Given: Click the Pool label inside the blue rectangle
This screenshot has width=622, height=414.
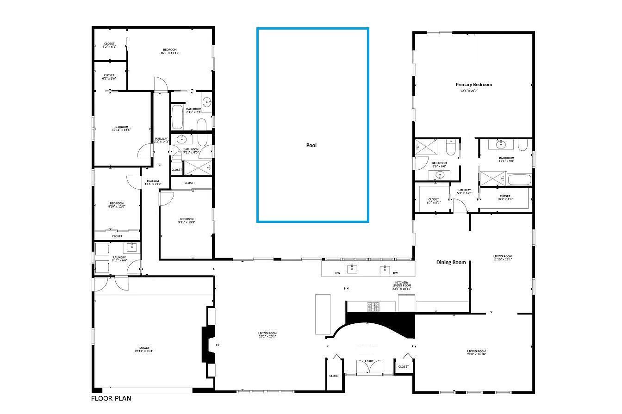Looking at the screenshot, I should pos(311,145).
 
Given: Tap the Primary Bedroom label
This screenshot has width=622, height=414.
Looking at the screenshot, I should pos(473,85).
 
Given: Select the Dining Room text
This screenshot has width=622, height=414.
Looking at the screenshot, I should pos(451,262).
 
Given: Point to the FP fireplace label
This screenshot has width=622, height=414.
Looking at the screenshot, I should pos(218,345).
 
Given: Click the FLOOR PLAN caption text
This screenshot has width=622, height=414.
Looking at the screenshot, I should pos(108,398).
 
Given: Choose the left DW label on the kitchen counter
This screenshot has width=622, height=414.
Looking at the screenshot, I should pos(338,273).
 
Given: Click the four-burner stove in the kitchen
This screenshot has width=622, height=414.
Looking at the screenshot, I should pos(373,306).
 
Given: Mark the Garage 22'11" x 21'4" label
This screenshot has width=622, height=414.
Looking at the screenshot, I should pos(143,350).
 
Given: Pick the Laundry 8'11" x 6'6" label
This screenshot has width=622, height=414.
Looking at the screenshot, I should pos(119,259).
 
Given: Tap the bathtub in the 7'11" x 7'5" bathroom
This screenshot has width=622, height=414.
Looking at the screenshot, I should pos(177,117).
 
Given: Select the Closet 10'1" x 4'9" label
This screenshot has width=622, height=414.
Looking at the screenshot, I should pos(505,198).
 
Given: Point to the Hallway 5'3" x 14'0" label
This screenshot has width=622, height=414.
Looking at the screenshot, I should pos(465,192).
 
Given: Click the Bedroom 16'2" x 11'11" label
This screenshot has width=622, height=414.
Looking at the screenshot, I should pos(169,51).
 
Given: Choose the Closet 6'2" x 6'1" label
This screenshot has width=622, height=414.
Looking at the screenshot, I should pos(109,45).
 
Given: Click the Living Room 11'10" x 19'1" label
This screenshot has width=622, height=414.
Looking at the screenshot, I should pos(502,258).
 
